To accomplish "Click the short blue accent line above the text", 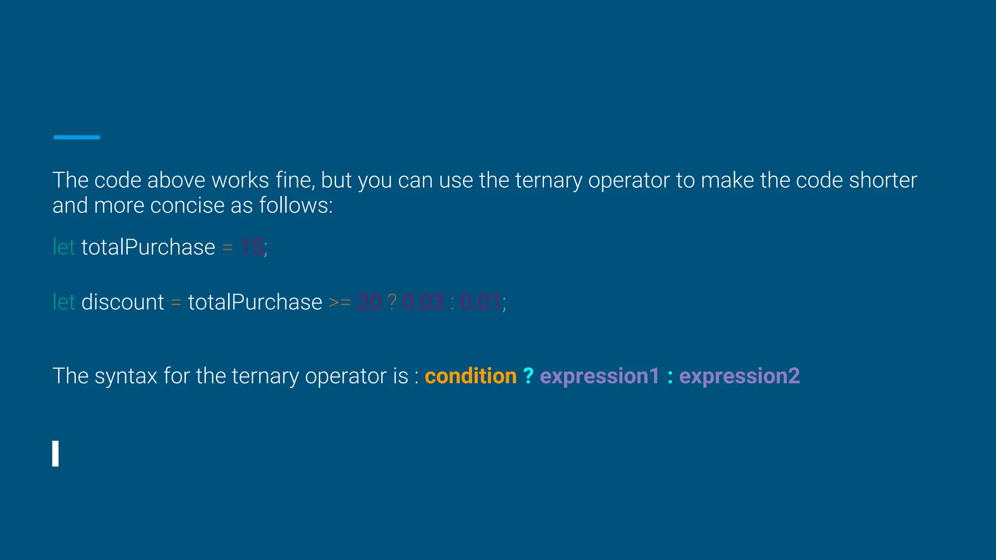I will [x=77, y=138].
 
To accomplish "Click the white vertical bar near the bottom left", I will [x=55, y=454].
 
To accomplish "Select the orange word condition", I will [x=470, y=376].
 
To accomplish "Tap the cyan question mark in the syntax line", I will [x=528, y=376].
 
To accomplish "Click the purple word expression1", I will [x=600, y=376].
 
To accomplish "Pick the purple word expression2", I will [x=739, y=376].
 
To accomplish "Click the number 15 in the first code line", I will [x=251, y=247].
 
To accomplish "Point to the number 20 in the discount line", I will [x=369, y=302].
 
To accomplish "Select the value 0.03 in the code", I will [x=423, y=302].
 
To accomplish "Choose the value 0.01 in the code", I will [x=480, y=302].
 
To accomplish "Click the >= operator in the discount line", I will [x=339, y=302].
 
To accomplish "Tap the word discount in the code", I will [x=123, y=302].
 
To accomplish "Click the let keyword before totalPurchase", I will [x=64, y=247].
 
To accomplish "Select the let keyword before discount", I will [x=64, y=302].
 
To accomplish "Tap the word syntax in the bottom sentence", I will [x=125, y=376].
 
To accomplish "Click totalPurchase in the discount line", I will [x=255, y=302].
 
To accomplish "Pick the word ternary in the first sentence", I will [x=548, y=180].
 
